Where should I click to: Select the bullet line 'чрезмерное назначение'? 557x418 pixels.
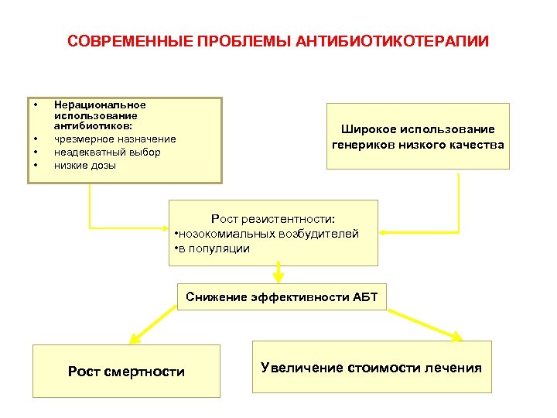tap(115, 139)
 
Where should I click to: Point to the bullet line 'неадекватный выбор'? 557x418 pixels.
tap(108, 152)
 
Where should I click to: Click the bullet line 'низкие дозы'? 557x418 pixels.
tap(85, 165)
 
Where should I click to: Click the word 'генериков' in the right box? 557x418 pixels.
tap(366, 144)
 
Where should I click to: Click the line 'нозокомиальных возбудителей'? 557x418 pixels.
tap(270, 234)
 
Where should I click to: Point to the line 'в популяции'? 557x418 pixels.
tap(214, 248)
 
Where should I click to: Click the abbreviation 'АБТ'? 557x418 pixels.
tap(365, 296)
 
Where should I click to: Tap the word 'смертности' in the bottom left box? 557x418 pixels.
tap(149, 372)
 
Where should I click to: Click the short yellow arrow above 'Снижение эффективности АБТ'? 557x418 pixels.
tap(278, 274)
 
